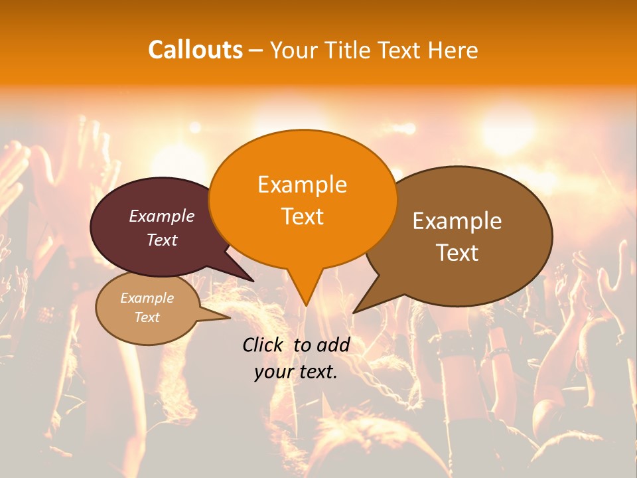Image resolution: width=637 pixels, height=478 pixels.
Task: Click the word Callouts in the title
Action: coord(195,50)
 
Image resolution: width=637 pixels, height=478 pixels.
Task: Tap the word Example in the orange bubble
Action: coord(302,185)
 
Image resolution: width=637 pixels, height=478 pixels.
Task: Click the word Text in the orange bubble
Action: coord(302,216)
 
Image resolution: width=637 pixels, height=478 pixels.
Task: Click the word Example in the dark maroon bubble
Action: coord(161,216)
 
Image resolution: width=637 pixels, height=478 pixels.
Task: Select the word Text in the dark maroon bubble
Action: coord(161,240)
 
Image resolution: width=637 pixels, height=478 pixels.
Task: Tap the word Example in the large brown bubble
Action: coord(457,221)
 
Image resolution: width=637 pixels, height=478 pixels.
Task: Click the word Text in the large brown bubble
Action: coord(457,252)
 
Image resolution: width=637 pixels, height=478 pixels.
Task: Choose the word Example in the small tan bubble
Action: coord(147,298)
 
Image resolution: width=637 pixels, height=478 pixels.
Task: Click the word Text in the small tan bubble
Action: coord(147,317)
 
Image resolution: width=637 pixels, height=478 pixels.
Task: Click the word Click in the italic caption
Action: coord(263,345)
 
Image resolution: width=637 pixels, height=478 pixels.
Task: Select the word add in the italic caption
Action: coord(334,345)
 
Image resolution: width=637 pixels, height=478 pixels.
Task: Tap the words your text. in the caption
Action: coord(295,372)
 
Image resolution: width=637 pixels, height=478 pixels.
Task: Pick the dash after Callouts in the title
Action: coord(256,50)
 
